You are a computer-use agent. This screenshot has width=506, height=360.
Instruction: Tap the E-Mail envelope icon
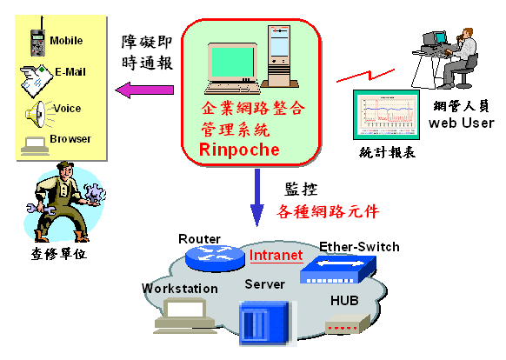[x=37, y=81]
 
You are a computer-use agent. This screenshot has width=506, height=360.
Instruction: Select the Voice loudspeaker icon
[x=38, y=114]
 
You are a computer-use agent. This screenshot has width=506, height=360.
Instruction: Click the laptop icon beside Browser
[x=35, y=146]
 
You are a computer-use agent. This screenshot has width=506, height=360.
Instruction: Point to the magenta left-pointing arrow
[x=144, y=90]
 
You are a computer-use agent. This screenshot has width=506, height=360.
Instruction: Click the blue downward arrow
[x=257, y=197]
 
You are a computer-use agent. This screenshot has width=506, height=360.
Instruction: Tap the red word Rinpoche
[x=239, y=150]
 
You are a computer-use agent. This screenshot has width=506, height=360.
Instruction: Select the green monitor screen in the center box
[x=232, y=62]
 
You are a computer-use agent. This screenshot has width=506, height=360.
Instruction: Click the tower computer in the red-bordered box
[x=280, y=57]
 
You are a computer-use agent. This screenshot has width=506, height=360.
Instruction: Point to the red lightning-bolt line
[x=366, y=76]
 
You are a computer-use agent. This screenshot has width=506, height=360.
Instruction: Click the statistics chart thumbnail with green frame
[x=386, y=115]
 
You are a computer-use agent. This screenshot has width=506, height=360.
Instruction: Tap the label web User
[x=462, y=123]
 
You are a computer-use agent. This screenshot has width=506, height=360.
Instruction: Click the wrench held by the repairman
[x=40, y=210]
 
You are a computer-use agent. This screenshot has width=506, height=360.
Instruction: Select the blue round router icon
[x=215, y=257]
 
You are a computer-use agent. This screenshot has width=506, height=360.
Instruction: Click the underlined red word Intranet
[x=276, y=256]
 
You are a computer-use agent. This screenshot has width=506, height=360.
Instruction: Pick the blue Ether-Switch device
[x=338, y=270]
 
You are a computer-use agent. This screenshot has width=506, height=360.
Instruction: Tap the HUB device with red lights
[x=348, y=323]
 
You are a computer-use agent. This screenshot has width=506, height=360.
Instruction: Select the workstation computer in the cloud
[x=184, y=317]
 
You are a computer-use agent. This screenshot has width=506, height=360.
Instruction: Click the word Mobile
[x=66, y=41]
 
